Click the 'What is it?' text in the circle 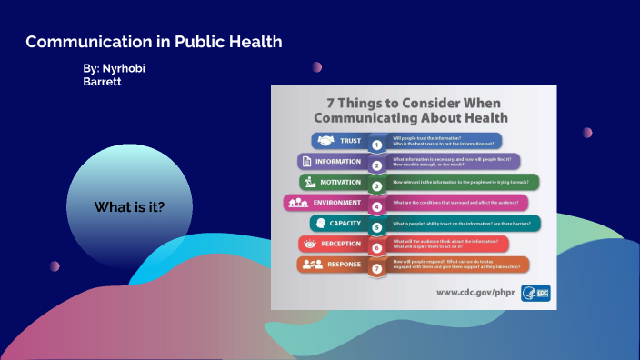[x=129, y=207]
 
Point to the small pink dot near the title [x=317, y=66]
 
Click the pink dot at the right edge [x=587, y=132]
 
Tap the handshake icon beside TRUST [x=325, y=141]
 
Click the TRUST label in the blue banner [x=351, y=141]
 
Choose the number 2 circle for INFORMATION [x=376, y=165]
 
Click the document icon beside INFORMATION [x=306, y=161]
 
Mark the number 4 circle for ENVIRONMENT [x=376, y=206]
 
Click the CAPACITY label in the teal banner [x=346, y=223]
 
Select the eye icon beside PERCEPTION [x=309, y=245]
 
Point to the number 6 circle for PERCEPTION [x=376, y=248]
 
